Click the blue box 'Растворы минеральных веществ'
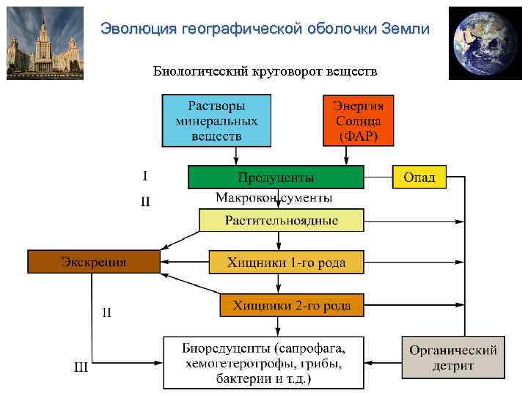point(216,120)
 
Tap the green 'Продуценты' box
point(276,177)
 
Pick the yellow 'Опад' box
point(419,177)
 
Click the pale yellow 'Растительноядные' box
point(282,220)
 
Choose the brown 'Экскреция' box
point(93,262)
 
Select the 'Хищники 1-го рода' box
point(286,262)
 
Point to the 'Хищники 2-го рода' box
point(292,305)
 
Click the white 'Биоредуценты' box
point(263,362)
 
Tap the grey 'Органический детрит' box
point(452,357)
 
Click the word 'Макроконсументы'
point(274,198)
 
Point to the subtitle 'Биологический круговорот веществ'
point(265,71)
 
